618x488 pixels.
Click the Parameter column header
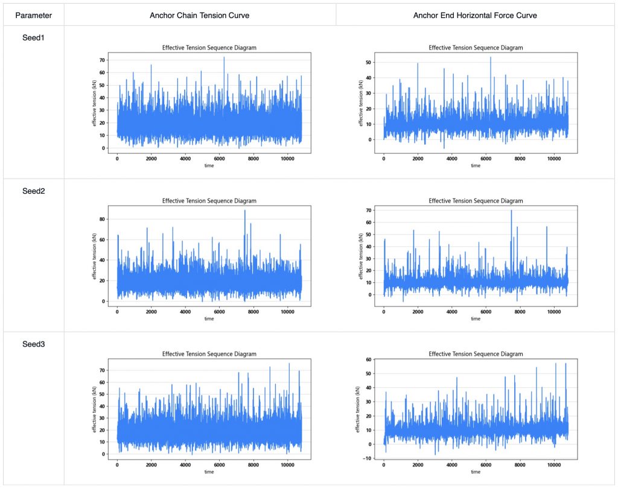pos(34,14)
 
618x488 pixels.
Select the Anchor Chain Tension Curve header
pos(200,14)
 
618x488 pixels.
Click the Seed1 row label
pos(34,37)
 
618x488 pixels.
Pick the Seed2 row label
pos(34,191)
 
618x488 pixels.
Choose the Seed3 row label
pos(34,344)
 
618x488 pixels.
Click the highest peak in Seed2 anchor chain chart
pos(245,210)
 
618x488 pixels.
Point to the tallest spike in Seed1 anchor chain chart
pos(224,57)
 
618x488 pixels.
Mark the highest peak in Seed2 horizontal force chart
pos(511,210)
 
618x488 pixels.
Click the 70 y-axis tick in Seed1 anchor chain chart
pos(104,60)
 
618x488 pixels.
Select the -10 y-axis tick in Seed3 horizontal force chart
pos(370,458)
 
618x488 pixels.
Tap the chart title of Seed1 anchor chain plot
pos(209,48)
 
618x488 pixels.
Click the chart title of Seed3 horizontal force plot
pos(476,354)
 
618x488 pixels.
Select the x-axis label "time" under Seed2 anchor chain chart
pos(209,318)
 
